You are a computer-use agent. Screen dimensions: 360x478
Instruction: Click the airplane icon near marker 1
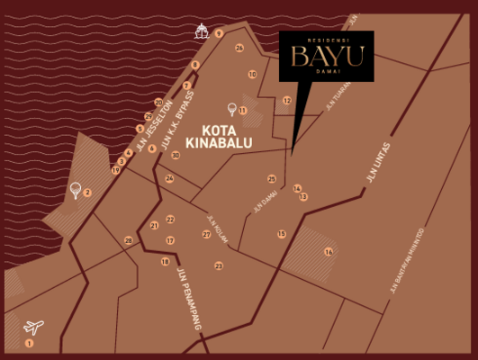(34, 327)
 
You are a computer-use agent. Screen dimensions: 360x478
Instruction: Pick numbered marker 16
(329, 252)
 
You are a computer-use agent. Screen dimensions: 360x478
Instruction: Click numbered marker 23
(219, 265)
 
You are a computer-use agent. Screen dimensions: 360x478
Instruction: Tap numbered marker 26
(239, 48)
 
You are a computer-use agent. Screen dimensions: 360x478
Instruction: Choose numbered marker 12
(287, 101)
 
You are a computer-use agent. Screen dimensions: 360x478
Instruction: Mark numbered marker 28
(129, 240)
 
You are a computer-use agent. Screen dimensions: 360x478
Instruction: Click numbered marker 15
(282, 234)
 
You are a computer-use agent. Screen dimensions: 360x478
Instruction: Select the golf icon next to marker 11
(232, 109)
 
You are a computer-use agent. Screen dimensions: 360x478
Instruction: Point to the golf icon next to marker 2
(75, 190)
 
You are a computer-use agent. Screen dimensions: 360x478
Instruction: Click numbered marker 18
(165, 262)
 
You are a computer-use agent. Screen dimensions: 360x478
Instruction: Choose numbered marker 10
(252, 75)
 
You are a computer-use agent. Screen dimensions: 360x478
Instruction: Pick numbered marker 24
(169, 178)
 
